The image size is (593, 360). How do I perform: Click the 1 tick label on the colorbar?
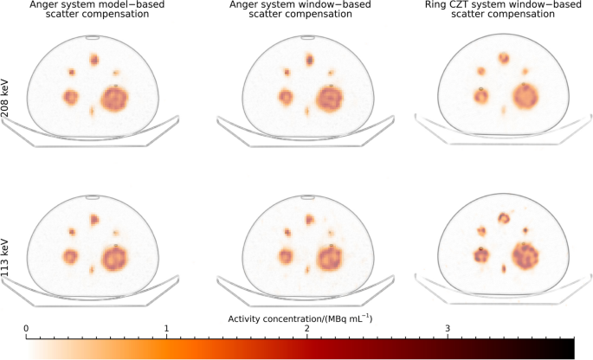point(166,329)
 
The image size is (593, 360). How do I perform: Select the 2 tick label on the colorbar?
point(307,329)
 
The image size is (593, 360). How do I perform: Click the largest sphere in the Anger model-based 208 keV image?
point(114,98)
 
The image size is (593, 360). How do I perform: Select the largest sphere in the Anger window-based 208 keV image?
point(329,98)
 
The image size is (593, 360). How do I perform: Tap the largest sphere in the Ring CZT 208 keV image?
point(525,96)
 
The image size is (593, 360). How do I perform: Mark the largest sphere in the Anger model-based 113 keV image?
point(114,257)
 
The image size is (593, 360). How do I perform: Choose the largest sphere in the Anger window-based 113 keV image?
point(329,257)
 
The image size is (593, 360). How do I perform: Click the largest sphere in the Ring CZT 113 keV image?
point(525,254)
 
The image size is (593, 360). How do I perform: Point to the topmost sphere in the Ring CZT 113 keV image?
point(503,216)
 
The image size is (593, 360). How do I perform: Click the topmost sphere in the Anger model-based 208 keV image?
point(93,60)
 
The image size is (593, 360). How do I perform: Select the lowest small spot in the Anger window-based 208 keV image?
point(306,112)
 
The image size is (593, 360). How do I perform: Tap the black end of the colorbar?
point(570,349)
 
